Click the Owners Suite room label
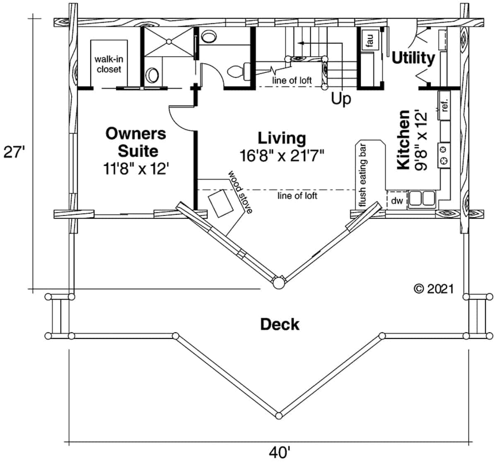136,142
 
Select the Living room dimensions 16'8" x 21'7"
282,156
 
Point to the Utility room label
413,58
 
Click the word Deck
280,324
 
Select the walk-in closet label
109,64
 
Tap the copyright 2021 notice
433,289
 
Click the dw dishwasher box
397,201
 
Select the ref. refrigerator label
445,105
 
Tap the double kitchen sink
422,199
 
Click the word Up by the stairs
341,99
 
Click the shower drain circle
169,41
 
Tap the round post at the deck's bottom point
279,415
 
